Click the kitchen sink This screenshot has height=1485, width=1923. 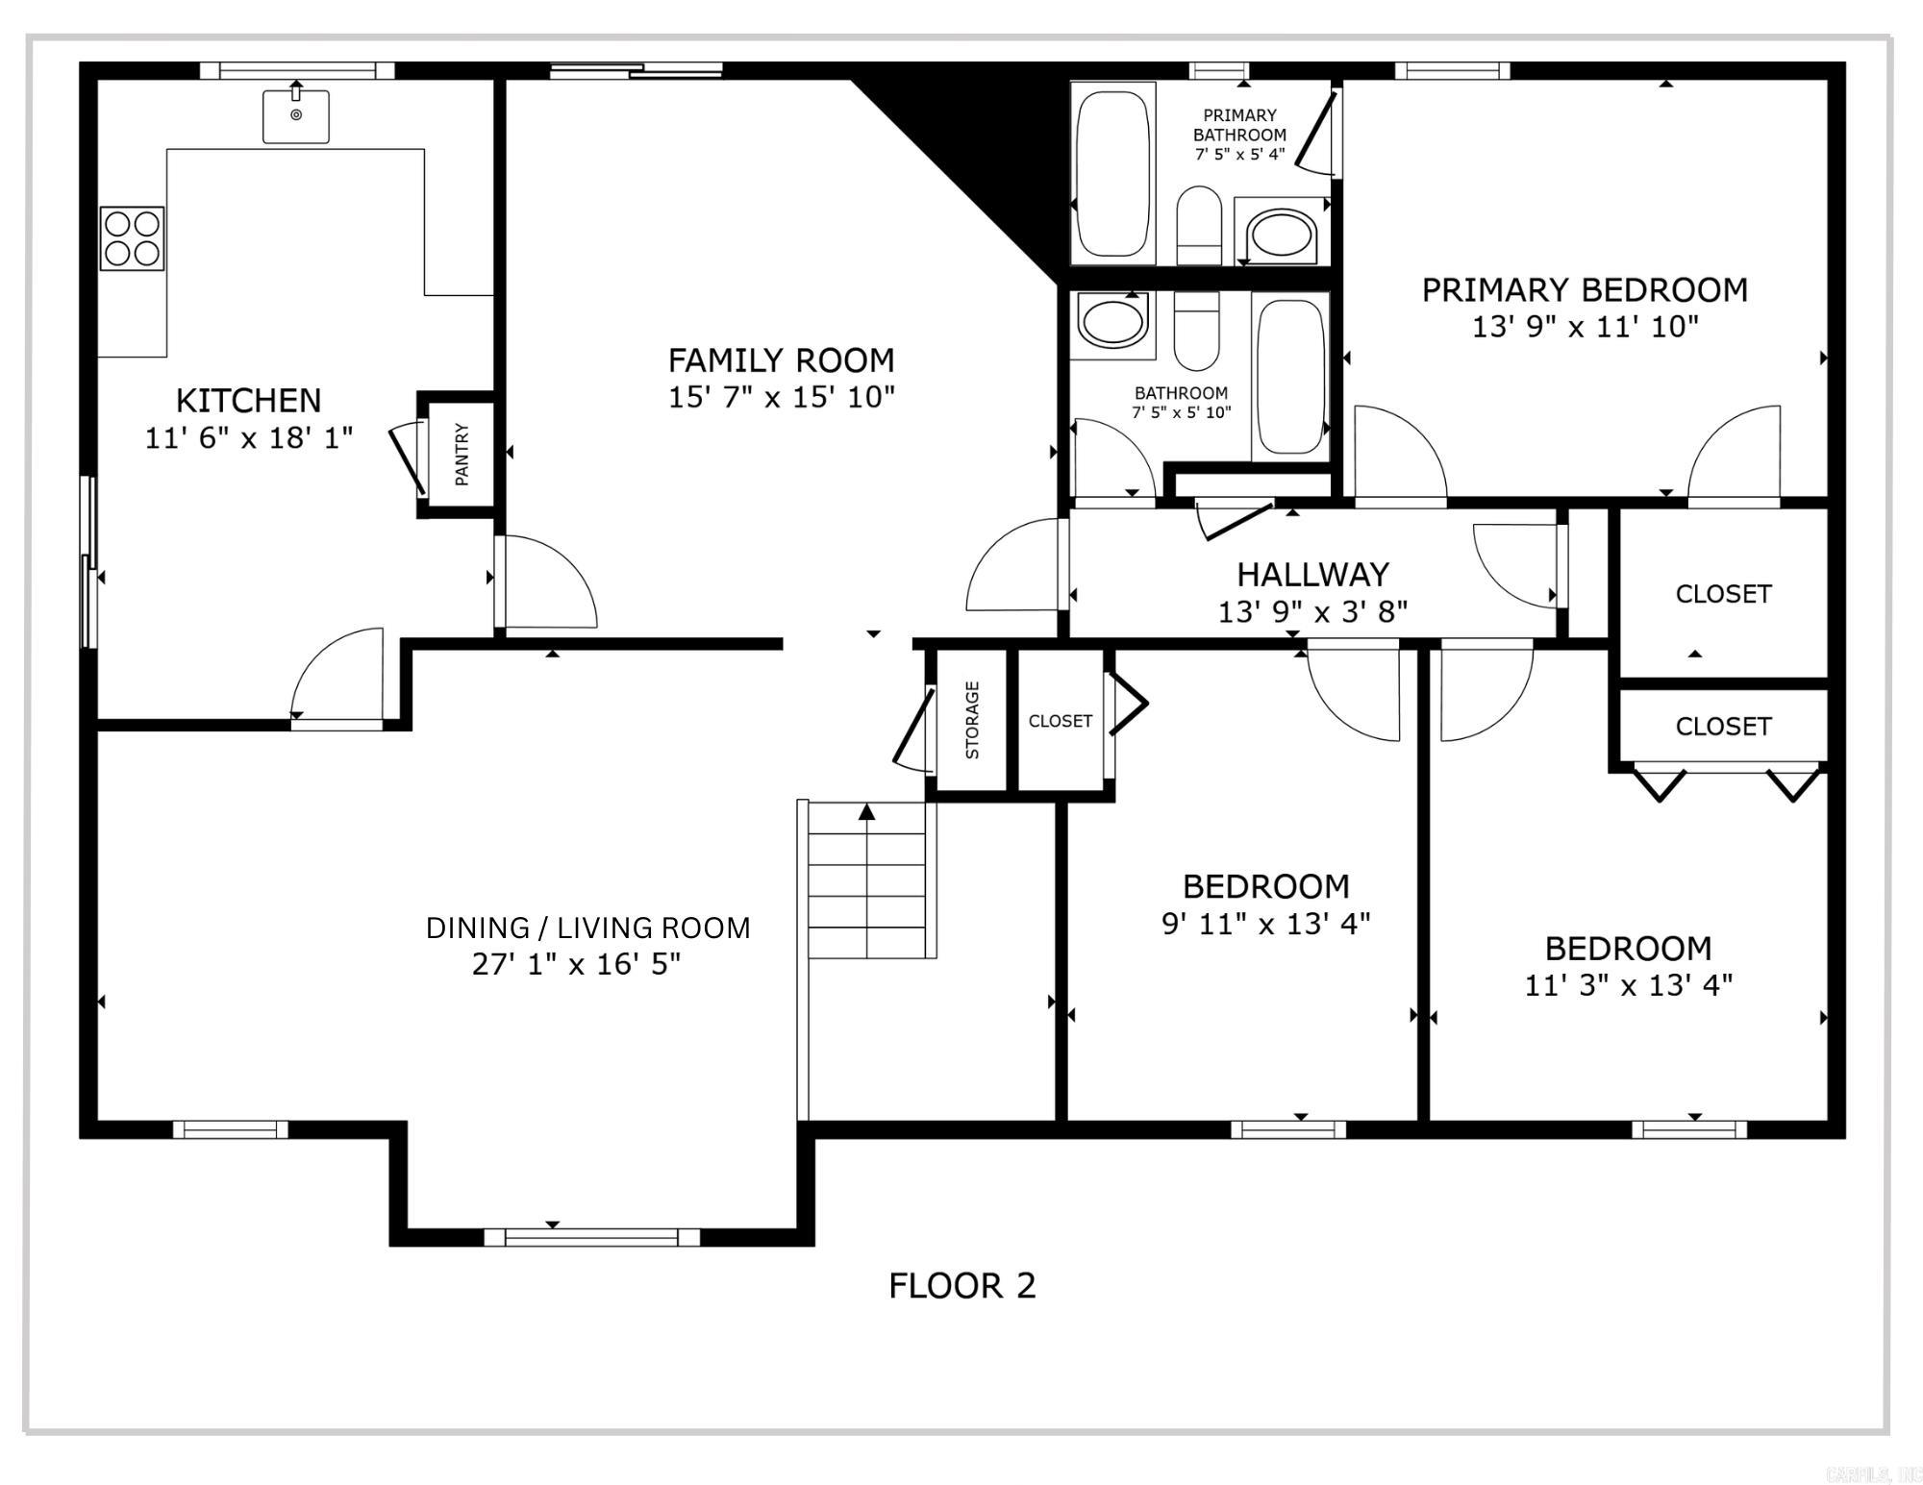(x=296, y=116)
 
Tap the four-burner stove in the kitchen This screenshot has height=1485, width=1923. (x=132, y=238)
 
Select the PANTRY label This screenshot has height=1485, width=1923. (x=462, y=454)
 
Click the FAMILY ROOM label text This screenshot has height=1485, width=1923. (x=781, y=360)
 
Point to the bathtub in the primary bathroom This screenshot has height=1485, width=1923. (x=1112, y=174)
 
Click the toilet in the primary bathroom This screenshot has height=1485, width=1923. (x=1199, y=225)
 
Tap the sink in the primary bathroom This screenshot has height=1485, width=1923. (x=1282, y=234)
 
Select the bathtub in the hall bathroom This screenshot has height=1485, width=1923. (x=1290, y=376)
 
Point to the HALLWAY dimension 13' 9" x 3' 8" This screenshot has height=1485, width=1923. (x=1312, y=611)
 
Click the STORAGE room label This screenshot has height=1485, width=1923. (x=972, y=720)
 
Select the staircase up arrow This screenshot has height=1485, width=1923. (x=867, y=812)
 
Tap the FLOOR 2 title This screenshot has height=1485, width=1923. (x=961, y=1286)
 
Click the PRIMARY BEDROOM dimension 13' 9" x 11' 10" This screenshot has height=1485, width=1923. (x=1585, y=327)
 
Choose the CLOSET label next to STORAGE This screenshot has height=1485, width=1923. (x=1060, y=721)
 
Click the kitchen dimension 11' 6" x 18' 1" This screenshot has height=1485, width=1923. (x=249, y=438)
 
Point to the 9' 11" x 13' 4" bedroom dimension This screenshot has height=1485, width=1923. (x=1265, y=924)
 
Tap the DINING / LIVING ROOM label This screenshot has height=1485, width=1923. (x=587, y=928)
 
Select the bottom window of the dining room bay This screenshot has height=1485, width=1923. (x=591, y=1237)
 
